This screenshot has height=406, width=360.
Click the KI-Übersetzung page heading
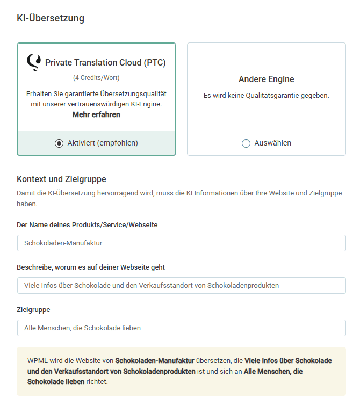coord(51,18)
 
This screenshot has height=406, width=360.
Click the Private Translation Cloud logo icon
coord(33,62)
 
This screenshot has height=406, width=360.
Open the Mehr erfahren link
coord(96,114)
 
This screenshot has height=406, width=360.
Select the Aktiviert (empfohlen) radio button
coord(59,143)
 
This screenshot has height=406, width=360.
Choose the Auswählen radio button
coord(246,143)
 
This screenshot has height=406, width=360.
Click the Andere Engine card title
coord(266,79)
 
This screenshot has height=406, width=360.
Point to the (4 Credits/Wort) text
coord(96,78)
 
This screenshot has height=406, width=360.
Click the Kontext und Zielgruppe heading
coord(61,179)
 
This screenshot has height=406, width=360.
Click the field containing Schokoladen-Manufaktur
coord(181,243)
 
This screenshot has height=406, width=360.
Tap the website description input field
coord(181,285)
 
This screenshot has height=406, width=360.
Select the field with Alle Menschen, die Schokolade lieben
coord(181,328)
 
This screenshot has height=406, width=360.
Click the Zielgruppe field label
coord(33,309)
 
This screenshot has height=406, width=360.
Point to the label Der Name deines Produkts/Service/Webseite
coord(87,224)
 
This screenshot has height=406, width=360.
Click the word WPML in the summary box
coord(37,360)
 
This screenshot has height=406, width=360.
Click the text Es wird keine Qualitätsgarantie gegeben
coord(266,96)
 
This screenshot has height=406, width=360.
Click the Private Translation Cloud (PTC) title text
coord(105,63)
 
